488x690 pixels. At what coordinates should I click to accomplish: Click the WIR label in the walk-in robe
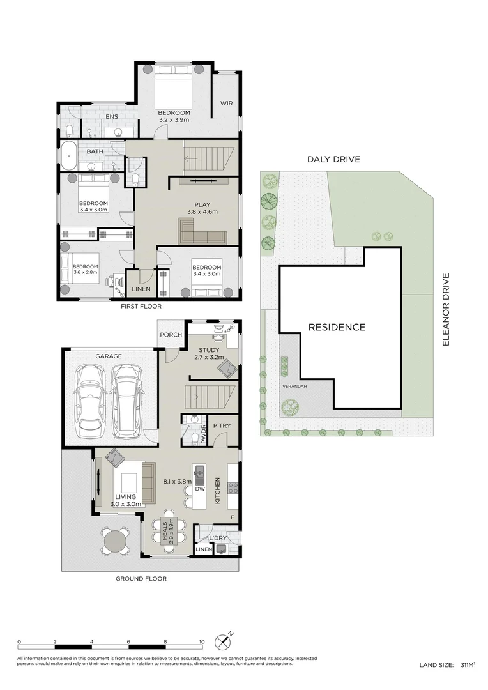pos(226,103)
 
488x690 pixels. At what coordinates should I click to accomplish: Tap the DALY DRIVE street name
pos(333,159)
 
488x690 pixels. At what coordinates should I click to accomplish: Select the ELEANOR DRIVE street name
pos(446,309)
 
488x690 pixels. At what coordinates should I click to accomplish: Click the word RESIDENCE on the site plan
pos(337,327)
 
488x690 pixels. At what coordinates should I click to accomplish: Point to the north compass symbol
pos(224,641)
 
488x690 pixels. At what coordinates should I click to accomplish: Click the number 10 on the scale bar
pos(202,641)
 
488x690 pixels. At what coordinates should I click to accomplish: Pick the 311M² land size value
pos(468,665)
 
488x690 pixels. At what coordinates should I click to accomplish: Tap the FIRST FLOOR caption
pos(141,306)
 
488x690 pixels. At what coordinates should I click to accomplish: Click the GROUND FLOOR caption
pos(141,578)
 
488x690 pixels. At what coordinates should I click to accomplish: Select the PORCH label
pos(171,335)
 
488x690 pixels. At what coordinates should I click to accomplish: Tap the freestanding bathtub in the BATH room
pos(68,155)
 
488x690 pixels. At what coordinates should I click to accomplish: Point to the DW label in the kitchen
pos(200,489)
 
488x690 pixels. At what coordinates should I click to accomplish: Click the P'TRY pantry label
pos(222,425)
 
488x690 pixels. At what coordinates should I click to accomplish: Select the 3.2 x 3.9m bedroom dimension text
pos(174,119)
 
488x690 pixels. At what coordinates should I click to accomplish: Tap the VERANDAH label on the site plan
pos(295,386)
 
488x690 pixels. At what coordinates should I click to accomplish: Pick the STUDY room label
pos(209,350)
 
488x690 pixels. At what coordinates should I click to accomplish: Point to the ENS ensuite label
pos(112,117)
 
